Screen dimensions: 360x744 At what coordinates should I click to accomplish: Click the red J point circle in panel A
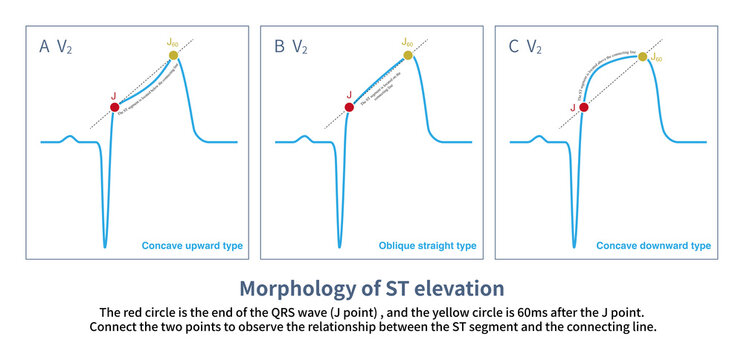pyautogui.click(x=115, y=106)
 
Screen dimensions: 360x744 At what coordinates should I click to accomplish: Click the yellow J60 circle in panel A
pyautogui.click(x=173, y=55)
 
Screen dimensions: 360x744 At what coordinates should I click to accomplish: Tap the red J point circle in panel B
pyautogui.click(x=349, y=106)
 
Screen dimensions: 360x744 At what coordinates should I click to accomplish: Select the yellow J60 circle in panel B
pyautogui.click(x=408, y=55)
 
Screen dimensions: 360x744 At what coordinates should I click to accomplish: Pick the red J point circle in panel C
pyautogui.click(x=584, y=106)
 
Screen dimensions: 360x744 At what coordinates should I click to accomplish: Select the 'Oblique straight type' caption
pyautogui.click(x=428, y=245)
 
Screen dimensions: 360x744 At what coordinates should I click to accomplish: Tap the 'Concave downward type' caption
pyautogui.click(x=653, y=245)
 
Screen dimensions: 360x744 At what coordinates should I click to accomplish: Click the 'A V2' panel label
pyautogui.click(x=56, y=46)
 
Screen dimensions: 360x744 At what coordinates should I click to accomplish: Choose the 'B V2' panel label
pyautogui.click(x=291, y=46)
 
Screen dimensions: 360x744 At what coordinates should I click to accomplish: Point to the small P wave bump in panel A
pyautogui.click(x=69, y=137)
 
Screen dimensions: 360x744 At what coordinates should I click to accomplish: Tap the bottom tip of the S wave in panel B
pyautogui.click(x=339, y=246)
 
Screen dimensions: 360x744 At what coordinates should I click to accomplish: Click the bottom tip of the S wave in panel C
pyautogui.click(x=574, y=246)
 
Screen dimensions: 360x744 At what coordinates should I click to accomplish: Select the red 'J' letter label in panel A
pyautogui.click(x=113, y=93)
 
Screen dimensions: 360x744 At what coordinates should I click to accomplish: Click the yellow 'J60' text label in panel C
pyautogui.click(x=657, y=58)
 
